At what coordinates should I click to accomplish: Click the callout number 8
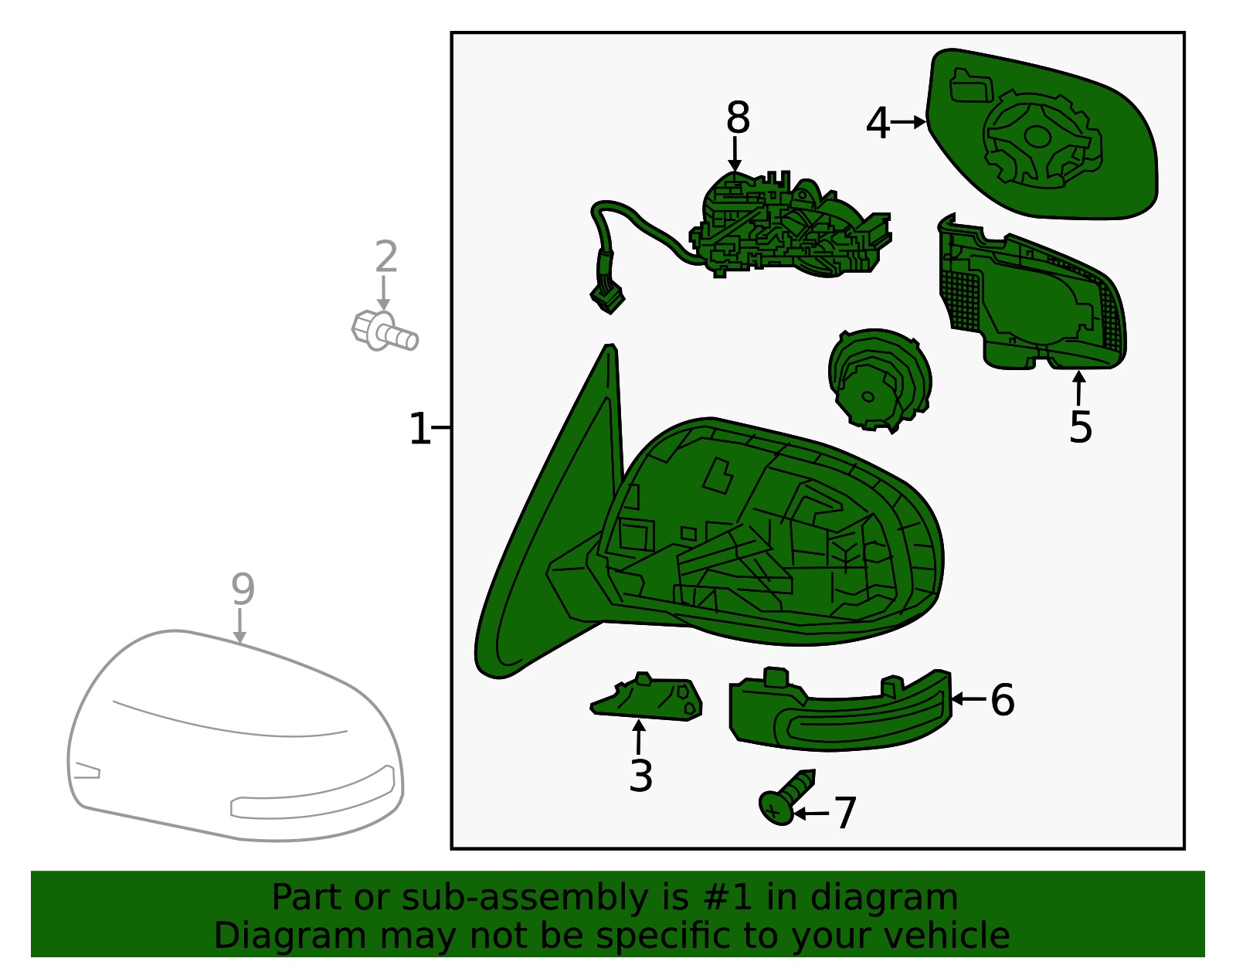coord(738,117)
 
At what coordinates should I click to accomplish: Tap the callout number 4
coord(877,123)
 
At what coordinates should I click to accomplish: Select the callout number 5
coord(1080,427)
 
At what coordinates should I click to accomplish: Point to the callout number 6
coord(1003,699)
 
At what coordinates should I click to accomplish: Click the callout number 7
coord(845,813)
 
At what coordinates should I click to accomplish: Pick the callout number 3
coord(640,776)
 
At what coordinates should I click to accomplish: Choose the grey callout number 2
coord(386,257)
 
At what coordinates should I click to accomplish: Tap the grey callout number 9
coord(243,590)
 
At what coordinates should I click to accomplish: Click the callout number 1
coord(419,429)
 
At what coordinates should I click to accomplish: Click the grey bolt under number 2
coord(385,330)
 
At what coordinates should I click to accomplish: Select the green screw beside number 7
coord(786,798)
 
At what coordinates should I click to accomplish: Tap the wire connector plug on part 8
coord(607,297)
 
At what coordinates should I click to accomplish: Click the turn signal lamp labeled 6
coord(840,710)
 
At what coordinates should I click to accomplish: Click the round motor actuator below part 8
coord(879,380)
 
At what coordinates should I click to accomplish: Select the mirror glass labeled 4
coord(1042,134)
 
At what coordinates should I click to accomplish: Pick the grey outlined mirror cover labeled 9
coord(235,736)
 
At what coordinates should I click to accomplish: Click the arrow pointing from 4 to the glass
coord(908,122)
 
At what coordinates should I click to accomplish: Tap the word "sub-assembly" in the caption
coord(525,898)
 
